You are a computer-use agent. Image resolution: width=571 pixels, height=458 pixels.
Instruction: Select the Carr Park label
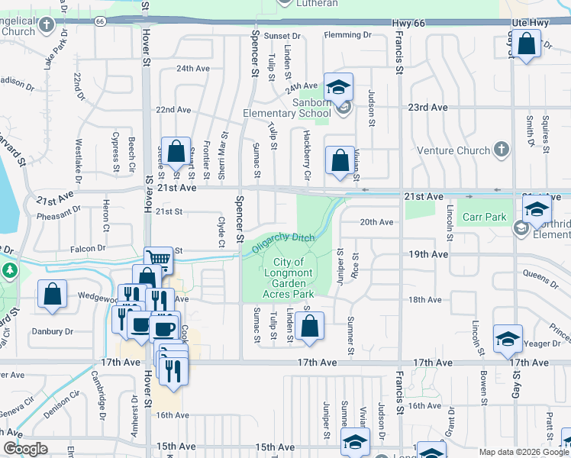tap(484, 217)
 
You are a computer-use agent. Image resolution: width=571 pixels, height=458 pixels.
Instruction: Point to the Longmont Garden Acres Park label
tap(289, 278)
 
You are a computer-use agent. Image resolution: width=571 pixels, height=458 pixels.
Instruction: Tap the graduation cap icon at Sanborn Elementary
tap(338, 86)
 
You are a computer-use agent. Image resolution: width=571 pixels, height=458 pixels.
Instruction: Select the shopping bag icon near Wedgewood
tap(52, 295)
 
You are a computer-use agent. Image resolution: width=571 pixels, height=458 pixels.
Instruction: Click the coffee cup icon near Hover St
tap(140, 324)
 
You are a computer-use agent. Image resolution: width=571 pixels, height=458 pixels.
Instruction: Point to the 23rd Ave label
tap(427, 108)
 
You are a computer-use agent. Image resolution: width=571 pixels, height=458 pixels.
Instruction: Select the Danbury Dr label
tap(52, 331)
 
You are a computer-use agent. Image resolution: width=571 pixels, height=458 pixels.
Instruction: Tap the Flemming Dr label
tap(347, 35)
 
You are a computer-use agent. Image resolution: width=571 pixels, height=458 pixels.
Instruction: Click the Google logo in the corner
tap(25, 449)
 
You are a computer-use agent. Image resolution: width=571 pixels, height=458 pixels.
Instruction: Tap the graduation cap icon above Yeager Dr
tap(508, 338)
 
